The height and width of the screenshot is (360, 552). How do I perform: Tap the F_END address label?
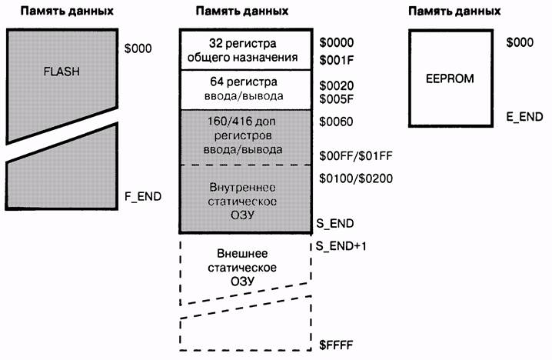click(143, 196)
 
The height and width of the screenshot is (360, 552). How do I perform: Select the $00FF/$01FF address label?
click(356, 155)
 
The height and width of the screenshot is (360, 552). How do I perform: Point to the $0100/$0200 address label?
click(356, 178)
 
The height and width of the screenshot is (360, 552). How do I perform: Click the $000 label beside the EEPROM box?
click(520, 43)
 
